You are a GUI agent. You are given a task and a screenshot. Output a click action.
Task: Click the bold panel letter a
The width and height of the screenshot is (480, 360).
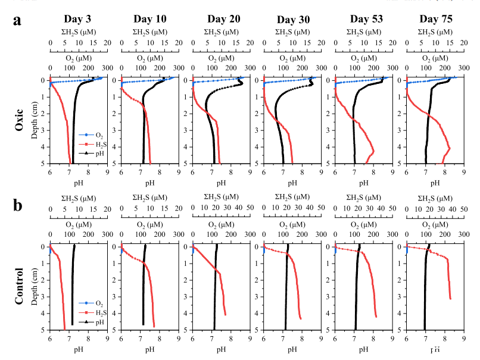18,20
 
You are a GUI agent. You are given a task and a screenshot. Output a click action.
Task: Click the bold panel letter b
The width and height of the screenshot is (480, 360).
18,206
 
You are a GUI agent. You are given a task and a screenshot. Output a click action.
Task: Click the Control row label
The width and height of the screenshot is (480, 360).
18,286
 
